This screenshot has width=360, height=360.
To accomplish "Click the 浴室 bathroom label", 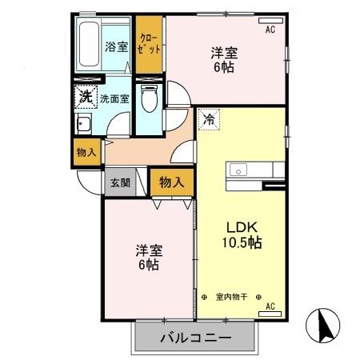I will (116, 46).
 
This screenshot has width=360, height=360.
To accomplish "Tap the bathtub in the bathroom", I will (88, 46).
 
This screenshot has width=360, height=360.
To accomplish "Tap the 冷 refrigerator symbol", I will (208, 120).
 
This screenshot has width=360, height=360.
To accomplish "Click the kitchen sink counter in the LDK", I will (254, 171).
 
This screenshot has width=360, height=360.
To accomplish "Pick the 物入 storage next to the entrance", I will (171, 182).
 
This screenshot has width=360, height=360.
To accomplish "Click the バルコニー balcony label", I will (196, 337).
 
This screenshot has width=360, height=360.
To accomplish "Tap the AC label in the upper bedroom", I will (270, 30).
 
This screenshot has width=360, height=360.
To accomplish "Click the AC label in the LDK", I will (270, 306).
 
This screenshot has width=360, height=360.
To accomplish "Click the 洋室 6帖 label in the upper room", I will (224, 61).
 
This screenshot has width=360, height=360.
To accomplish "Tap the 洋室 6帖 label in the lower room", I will (146, 256).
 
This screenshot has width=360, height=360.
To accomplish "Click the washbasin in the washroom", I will (82, 124).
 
